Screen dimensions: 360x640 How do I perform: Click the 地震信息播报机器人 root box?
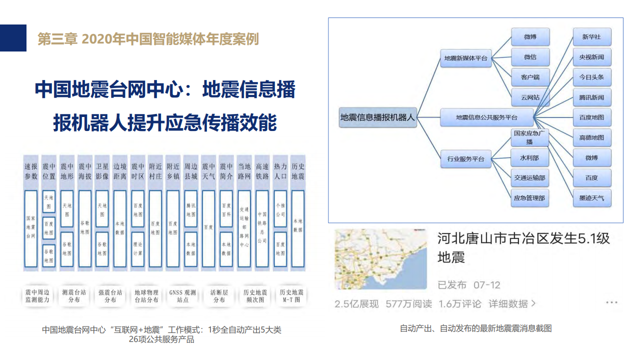click(x=377, y=118)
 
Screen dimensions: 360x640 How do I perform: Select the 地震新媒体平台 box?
click(x=465, y=58)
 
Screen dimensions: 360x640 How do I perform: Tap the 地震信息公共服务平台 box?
click(x=486, y=118)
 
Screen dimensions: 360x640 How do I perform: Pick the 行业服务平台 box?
click(x=465, y=159)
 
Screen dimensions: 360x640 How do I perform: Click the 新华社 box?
click(x=591, y=37)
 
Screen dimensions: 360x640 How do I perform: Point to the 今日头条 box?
click(x=591, y=77)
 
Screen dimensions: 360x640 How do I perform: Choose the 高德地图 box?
click(x=591, y=137)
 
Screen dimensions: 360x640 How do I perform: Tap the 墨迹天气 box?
click(x=591, y=198)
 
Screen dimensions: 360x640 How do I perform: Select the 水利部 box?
click(x=529, y=157)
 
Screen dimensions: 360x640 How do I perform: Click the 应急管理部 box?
click(x=529, y=198)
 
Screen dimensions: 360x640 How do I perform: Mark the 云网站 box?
click(x=530, y=97)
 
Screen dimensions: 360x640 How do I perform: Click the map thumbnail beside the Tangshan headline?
click(x=380, y=258)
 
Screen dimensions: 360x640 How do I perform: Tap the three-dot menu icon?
click(x=611, y=302)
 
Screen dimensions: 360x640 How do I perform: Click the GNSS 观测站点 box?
click(x=182, y=296)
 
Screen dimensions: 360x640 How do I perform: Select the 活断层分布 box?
click(x=219, y=296)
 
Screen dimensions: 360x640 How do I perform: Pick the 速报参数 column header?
click(x=31, y=171)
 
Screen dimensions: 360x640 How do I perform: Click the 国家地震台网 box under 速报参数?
click(x=31, y=228)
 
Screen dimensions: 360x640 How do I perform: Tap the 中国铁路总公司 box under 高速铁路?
click(x=262, y=228)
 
